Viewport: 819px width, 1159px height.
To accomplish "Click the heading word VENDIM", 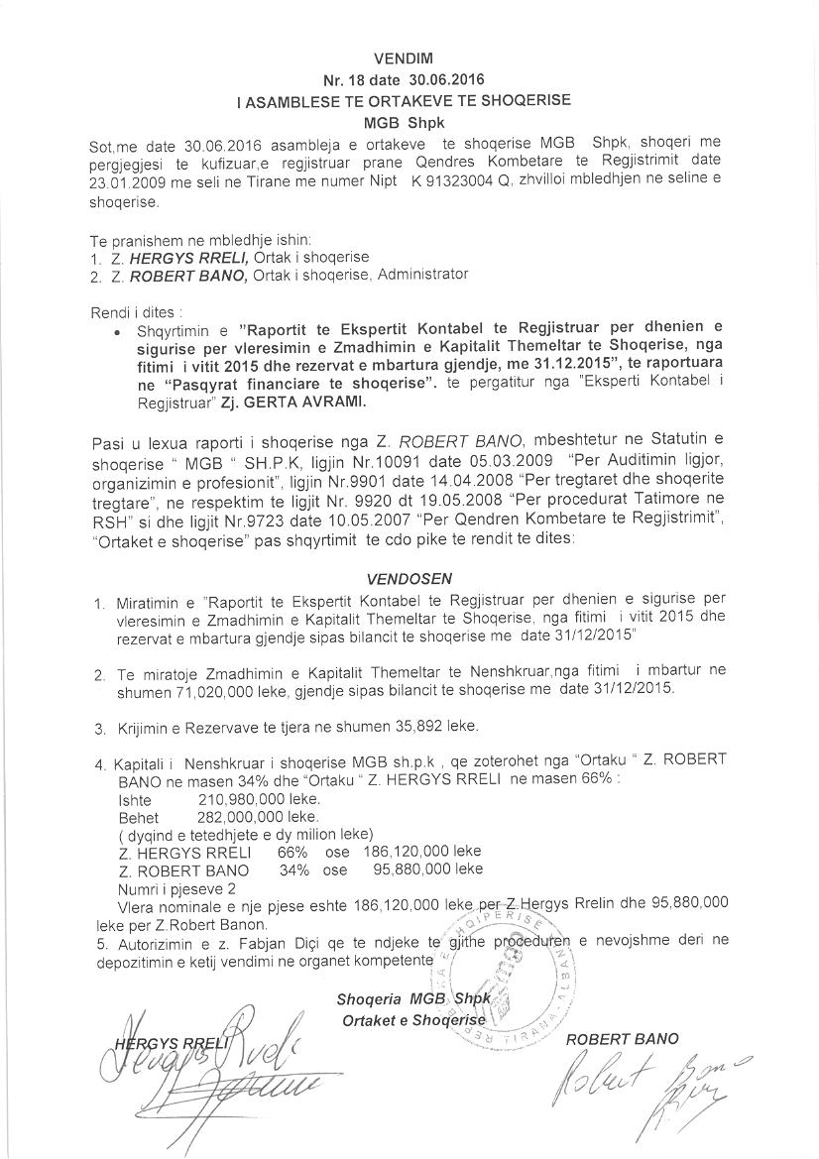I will (x=409, y=59).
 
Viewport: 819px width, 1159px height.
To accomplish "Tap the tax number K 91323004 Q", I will (x=455, y=184).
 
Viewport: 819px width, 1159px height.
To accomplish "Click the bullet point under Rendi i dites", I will (x=119, y=333).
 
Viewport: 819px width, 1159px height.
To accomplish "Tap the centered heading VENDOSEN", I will (x=409, y=577).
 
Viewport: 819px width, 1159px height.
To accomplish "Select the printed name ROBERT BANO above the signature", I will (x=622, y=1039).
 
